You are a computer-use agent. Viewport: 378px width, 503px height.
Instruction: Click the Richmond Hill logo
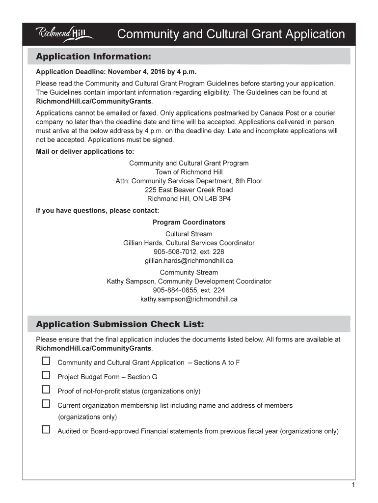coord(64,34)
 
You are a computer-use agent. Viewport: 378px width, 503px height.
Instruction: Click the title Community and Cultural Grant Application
coord(231,34)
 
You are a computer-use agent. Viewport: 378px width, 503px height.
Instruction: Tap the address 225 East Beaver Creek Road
coord(189,190)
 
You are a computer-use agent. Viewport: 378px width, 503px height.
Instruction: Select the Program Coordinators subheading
coord(189,223)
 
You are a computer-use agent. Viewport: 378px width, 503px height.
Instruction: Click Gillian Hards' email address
coord(189,261)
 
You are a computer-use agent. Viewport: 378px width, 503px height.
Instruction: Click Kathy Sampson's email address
coord(189,299)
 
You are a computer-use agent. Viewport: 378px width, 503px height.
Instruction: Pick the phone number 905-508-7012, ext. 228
coord(189,252)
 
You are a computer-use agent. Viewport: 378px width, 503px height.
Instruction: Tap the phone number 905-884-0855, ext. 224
coord(189,290)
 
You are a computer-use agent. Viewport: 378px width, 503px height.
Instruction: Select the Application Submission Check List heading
coord(120,325)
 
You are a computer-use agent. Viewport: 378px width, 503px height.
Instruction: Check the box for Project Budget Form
coord(46,375)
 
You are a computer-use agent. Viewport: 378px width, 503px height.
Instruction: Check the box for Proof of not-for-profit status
coord(46,390)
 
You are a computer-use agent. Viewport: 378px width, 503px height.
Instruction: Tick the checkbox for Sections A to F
coord(46,361)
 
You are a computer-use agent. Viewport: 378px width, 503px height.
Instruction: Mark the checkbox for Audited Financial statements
coord(46,429)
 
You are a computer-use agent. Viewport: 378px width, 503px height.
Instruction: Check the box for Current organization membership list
coord(46,404)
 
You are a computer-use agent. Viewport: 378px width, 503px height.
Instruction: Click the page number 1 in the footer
coord(353,485)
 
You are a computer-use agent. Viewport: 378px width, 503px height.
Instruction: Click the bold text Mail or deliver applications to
coord(85,151)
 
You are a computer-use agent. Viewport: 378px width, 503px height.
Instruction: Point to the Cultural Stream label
coord(189,234)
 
